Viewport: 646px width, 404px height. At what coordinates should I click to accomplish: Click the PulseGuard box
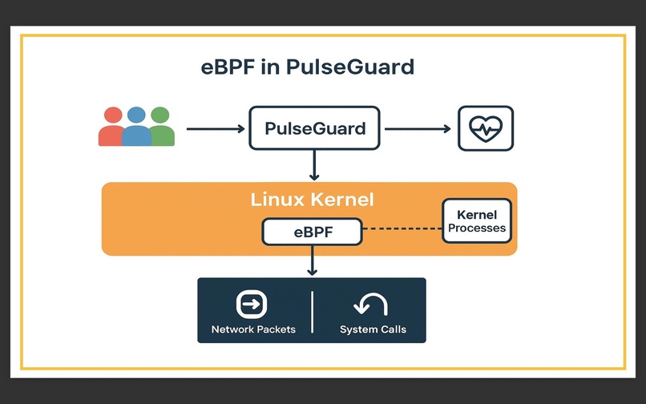(x=314, y=128)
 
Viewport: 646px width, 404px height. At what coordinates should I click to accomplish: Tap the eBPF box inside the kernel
(x=312, y=233)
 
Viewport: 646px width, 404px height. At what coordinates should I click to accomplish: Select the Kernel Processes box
(x=476, y=221)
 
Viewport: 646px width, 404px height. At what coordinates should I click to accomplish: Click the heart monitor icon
(x=486, y=128)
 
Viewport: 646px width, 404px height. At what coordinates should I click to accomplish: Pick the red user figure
(x=112, y=128)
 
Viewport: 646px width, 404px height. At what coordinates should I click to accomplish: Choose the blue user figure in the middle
(x=136, y=127)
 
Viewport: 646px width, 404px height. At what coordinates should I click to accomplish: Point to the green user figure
(x=161, y=128)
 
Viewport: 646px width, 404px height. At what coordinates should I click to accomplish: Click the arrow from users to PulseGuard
(x=214, y=128)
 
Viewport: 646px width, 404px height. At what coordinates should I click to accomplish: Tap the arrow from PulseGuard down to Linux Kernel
(x=314, y=165)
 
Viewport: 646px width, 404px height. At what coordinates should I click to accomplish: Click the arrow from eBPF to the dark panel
(x=313, y=261)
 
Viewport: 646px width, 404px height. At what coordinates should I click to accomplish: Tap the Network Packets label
(x=253, y=329)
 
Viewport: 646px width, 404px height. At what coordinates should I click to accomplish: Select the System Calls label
(x=373, y=329)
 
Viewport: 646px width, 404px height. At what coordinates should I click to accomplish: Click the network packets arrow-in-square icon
(x=252, y=305)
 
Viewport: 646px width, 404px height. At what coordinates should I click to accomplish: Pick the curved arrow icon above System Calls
(x=371, y=305)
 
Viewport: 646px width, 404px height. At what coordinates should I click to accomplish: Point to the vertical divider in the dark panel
(x=312, y=311)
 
